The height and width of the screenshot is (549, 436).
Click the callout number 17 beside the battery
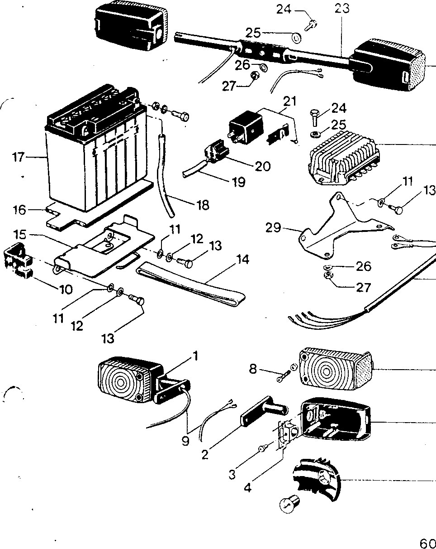[x=19, y=157]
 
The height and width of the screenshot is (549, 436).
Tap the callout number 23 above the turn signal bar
[x=342, y=9]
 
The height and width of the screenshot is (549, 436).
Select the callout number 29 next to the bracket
[x=273, y=227]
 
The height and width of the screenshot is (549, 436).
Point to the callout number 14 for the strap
[x=243, y=260]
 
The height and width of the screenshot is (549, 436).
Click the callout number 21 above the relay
[x=290, y=101]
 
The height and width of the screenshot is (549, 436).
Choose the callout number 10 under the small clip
[x=66, y=289]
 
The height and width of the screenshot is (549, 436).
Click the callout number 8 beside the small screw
[x=253, y=369]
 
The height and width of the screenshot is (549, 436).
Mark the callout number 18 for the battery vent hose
[x=203, y=205]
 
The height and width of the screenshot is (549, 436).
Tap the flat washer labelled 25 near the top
[x=296, y=39]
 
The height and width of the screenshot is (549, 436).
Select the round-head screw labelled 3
[x=263, y=448]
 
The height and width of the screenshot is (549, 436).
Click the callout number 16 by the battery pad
[x=19, y=210]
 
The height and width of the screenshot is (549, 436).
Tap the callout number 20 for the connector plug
[x=262, y=166]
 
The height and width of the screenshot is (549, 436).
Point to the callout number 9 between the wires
[x=185, y=441]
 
